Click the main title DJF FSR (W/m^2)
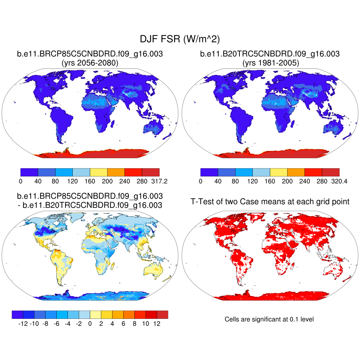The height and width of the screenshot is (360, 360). (x=180, y=39)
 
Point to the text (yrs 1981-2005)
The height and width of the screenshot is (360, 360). (x=270, y=63)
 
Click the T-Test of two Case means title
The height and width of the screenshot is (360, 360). (x=270, y=201)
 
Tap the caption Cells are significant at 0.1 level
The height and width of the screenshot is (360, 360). (x=269, y=319)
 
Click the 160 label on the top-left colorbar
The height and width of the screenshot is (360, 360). (x=90, y=181)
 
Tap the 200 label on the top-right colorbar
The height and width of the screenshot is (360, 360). (x=287, y=181)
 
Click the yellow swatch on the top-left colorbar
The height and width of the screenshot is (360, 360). (x=98, y=172)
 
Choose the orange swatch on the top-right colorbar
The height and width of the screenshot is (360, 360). (x=296, y=172)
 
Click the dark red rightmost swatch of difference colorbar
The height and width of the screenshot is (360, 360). (x=162, y=314)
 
